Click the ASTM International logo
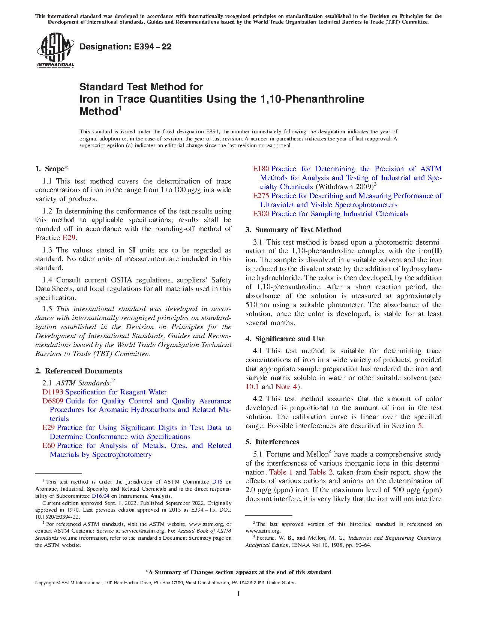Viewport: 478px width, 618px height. (x=55, y=50)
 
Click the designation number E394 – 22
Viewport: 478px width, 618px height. (x=126, y=47)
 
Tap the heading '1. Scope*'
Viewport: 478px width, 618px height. (x=52, y=169)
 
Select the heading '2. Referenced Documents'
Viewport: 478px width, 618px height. (x=79, y=371)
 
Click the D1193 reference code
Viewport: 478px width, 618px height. (x=53, y=392)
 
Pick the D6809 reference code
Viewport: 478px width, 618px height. (x=53, y=401)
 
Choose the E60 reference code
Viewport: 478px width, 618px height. (x=49, y=446)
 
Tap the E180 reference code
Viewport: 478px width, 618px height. (x=261, y=169)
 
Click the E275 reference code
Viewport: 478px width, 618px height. (x=261, y=196)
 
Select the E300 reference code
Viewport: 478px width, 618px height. (x=261, y=214)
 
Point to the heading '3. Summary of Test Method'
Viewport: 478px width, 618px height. (x=294, y=230)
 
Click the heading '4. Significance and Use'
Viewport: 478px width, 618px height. (x=285, y=339)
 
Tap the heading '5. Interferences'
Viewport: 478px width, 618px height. (x=272, y=442)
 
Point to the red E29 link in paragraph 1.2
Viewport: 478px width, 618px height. (x=69, y=238)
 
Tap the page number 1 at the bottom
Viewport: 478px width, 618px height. (x=238, y=593)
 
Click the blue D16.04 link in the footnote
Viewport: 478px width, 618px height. (x=100, y=496)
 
